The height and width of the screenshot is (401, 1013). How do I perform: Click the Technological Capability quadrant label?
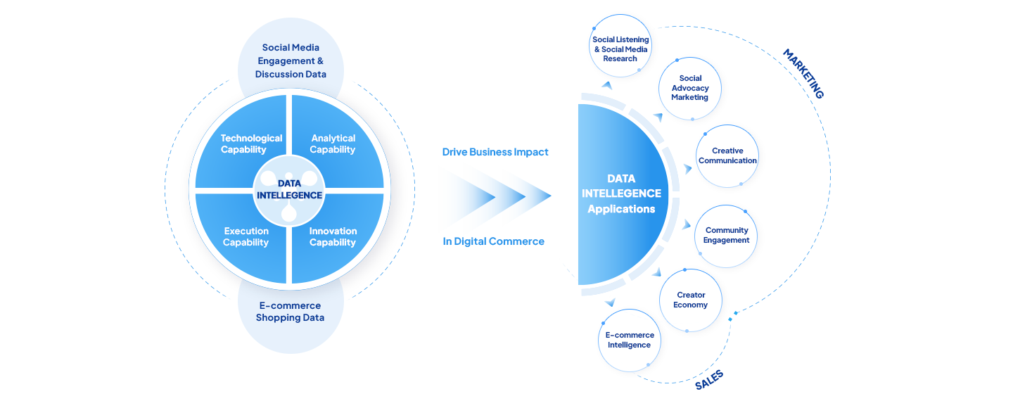pyautogui.click(x=251, y=144)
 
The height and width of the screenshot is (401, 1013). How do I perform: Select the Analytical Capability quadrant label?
pyautogui.click(x=333, y=144)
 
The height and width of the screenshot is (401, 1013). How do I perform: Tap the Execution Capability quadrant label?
pyautogui.click(x=246, y=237)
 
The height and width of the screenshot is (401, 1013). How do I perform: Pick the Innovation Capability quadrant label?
pyautogui.click(x=333, y=237)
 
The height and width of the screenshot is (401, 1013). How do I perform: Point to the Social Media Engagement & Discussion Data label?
pyautogui.click(x=291, y=61)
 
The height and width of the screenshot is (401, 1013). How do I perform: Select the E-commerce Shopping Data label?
pyautogui.click(x=290, y=312)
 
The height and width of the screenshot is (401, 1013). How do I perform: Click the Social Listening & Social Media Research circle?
pyautogui.click(x=620, y=49)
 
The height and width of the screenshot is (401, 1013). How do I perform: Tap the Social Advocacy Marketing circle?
pyautogui.click(x=690, y=88)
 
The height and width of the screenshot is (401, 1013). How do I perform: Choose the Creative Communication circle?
pyautogui.click(x=727, y=155)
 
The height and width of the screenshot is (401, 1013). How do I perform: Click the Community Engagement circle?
pyautogui.click(x=727, y=235)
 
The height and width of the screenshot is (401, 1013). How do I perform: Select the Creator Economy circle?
pyautogui.click(x=691, y=300)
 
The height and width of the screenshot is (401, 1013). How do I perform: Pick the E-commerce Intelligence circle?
pyautogui.click(x=630, y=340)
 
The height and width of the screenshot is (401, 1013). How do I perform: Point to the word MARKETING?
pyautogui.click(x=803, y=74)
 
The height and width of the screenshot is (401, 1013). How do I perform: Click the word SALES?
pyautogui.click(x=708, y=379)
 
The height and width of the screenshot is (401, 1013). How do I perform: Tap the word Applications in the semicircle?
pyautogui.click(x=621, y=209)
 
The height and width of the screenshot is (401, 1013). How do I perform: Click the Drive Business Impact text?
pyautogui.click(x=490, y=152)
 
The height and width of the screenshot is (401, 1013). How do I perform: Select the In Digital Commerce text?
pyautogui.click(x=490, y=241)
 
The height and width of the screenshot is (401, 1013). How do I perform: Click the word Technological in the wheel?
pyautogui.click(x=251, y=139)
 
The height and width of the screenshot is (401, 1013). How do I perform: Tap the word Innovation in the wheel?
pyautogui.click(x=333, y=231)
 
